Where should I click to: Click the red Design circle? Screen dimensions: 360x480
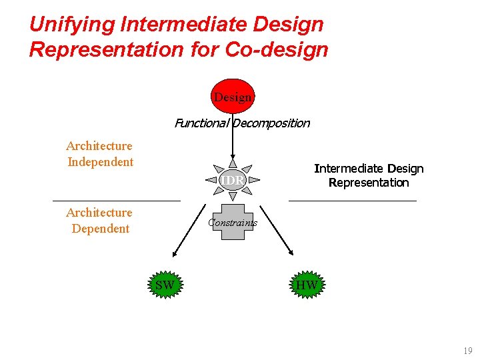click(x=233, y=97)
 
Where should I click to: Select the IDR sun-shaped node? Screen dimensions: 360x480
click(x=232, y=181)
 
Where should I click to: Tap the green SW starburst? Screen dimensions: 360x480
click(x=165, y=285)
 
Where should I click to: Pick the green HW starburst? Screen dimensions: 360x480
click(x=306, y=285)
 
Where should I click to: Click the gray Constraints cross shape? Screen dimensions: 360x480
click(x=232, y=223)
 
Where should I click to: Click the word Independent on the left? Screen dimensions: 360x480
click(x=100, y=162)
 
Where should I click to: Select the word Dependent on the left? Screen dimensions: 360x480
click(x=100, y=229)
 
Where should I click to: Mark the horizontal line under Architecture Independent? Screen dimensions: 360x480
click(x=117, y=200)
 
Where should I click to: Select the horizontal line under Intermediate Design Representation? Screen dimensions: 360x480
click(x=352, y=200)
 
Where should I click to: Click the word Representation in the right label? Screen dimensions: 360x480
click(x=369, y=183)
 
